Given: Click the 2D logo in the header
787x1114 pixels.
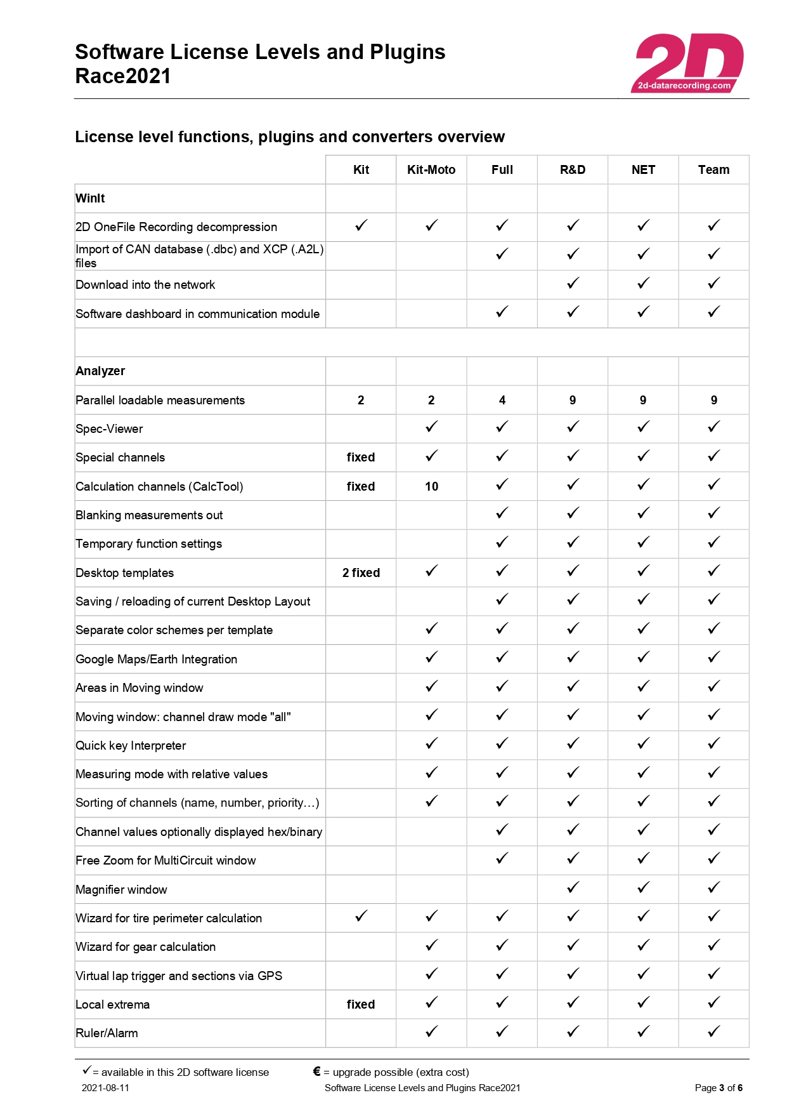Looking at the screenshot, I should (x=688, y=63).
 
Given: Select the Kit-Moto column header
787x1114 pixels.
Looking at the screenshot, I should (x=431, y=169).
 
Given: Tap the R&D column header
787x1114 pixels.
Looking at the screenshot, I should (x=572, y=169).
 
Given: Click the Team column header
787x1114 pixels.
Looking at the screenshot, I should (x=713, y=169).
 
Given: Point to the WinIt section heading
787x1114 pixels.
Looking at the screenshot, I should (x=90, y=198).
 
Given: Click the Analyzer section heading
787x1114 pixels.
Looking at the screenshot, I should (x=100, y=371).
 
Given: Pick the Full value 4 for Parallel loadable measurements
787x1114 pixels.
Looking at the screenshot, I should (x=502, y=400).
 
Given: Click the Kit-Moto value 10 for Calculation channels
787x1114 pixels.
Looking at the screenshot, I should (x=431, y=486).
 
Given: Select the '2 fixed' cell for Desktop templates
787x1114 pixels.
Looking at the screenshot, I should (x=361, y=573).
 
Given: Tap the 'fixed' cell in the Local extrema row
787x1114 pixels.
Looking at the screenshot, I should (x=361, y=1004).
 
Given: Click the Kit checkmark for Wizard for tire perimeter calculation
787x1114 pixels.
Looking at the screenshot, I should (x=361, y=916).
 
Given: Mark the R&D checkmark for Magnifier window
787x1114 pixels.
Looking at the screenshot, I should (x=573, y=887).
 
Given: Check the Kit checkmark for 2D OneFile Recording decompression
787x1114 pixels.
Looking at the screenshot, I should (x=361, y=225).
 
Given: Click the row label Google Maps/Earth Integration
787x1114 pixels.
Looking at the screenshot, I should (x=156, y=659).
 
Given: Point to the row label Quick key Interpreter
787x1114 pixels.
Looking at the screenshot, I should (x=131, y=745).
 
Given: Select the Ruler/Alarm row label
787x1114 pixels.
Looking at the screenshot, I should (x=107, y=1033).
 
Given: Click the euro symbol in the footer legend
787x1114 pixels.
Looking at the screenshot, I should (x=316, y=1071).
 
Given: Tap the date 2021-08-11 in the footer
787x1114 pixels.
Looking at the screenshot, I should (x=105, y=1087).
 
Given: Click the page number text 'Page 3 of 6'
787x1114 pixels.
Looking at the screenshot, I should (x=719, y=1087).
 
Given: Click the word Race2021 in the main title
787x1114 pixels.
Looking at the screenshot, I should (x=123, y=76).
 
